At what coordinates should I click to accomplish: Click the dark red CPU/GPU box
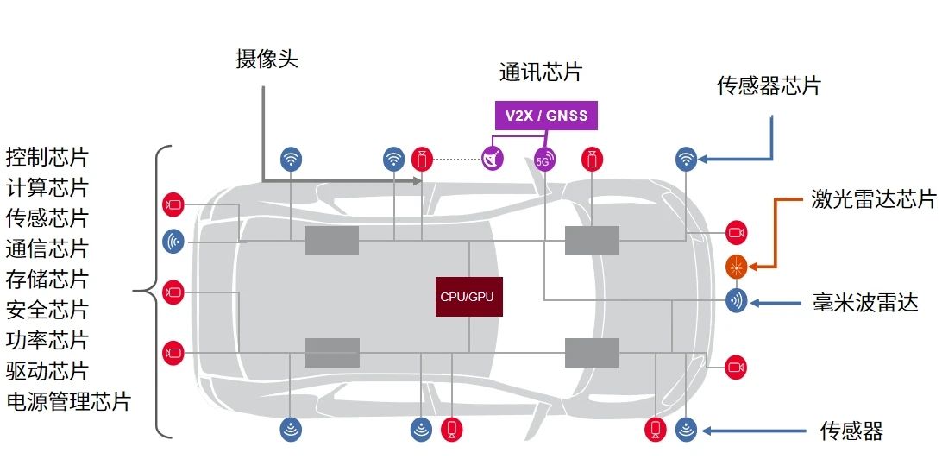pos(468,296)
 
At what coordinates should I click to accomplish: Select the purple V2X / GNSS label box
pos(545,115)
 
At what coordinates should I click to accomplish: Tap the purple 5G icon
pos(544,160)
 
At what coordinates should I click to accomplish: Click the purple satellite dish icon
pos(493,159)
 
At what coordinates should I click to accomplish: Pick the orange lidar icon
pos(736,267)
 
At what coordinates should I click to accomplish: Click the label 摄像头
pos(267,59)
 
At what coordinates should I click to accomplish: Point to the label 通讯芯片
pos(541,72)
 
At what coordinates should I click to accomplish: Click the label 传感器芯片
pos(769,85)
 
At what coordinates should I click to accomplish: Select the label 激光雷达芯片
pos(873,200)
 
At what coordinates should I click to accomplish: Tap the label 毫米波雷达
pos(864,303)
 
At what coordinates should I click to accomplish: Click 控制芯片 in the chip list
pos(47,158)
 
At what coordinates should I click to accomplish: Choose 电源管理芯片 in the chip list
pos(68,402)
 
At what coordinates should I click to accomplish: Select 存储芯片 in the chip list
pos(47,280)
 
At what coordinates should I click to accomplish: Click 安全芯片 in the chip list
pos(47,310)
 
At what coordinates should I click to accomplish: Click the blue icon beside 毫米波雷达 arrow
pos(736,302)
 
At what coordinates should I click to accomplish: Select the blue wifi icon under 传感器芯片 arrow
pos(686,159)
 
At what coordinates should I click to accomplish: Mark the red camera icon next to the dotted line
pos(421,159)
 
